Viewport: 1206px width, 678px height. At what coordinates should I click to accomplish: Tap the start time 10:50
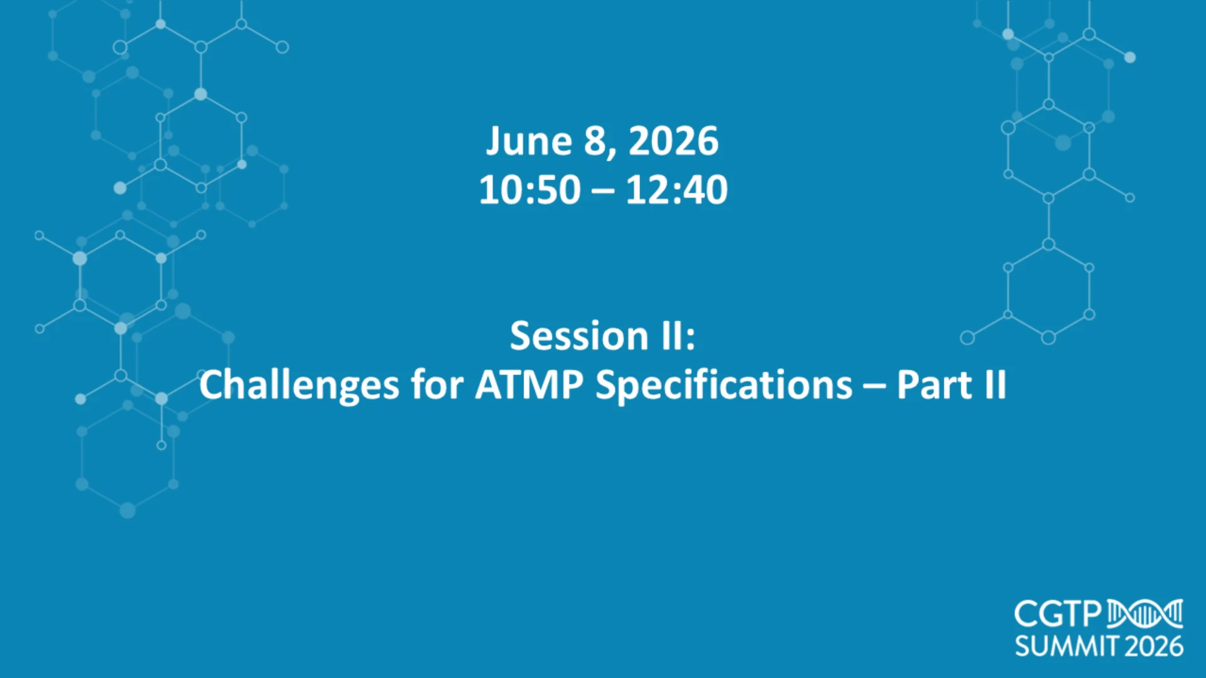pyautogui.click(x=530, y=190)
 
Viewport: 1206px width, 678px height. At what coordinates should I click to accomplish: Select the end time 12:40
pyautogui.click(x=676, y=190)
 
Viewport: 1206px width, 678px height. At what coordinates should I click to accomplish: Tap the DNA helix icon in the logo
pyautogui.click(x=1145, y=614)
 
